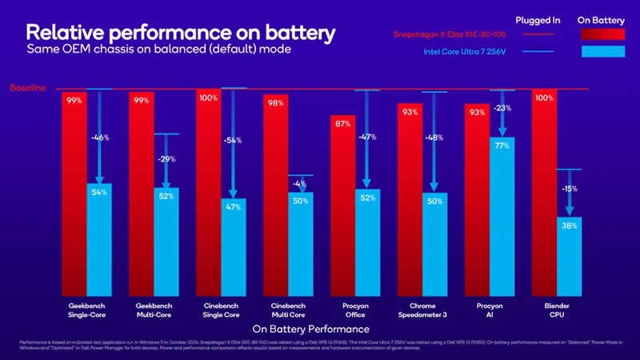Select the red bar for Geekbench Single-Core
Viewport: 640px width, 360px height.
[74, 192]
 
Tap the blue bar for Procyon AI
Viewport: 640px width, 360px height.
[502, 216]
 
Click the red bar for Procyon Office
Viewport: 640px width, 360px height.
[342, 208]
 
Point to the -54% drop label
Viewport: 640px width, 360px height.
[233, 140]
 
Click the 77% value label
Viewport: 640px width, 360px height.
[502, 146]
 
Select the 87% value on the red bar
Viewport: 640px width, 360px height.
[342, 123]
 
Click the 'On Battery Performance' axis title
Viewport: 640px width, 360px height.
[311, 329]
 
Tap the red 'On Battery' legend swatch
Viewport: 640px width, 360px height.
[601, 34]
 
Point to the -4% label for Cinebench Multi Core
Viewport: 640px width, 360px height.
[300, 182]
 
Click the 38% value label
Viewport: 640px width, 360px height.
[569, 226]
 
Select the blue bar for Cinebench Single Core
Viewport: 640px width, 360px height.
[234, 248]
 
